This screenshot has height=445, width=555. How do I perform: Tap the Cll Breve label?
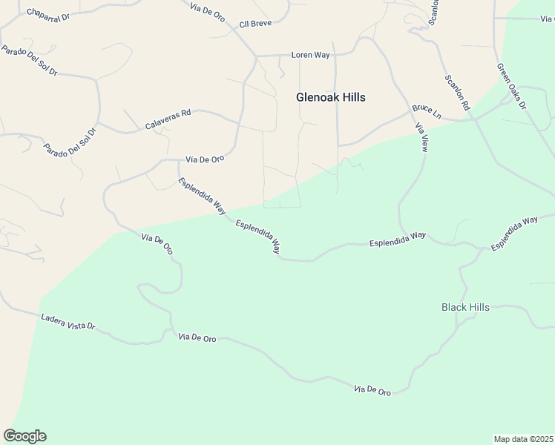(x=256, y=24)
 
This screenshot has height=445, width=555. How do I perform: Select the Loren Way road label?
(x=310, y=55)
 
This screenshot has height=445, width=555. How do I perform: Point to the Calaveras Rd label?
(x=168, y=120)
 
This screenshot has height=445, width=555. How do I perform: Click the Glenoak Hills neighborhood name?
(x=331, y=97)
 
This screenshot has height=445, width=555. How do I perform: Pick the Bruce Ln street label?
(x=427, y=111)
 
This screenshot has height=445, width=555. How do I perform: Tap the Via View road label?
(x=421, y=137)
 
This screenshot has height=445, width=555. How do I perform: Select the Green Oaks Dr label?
(x=511, y=86)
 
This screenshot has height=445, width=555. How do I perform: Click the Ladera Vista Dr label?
(x=69, y=321)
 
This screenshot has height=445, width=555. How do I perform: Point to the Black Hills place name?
(x=465, y=307)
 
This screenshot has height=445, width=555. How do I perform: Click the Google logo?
(x=24, y=436)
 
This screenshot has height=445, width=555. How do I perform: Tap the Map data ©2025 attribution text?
(x=523, y=438)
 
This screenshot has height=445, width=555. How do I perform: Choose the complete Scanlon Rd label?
(x=458, y=93)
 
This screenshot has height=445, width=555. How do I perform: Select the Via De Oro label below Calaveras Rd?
(x=205, y=159)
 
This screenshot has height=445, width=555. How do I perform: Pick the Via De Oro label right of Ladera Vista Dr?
(x=197, y=338)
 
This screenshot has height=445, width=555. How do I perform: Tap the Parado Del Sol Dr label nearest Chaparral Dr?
(x=30, y=62)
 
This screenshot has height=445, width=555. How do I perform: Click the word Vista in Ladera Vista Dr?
(x=73, y=322)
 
